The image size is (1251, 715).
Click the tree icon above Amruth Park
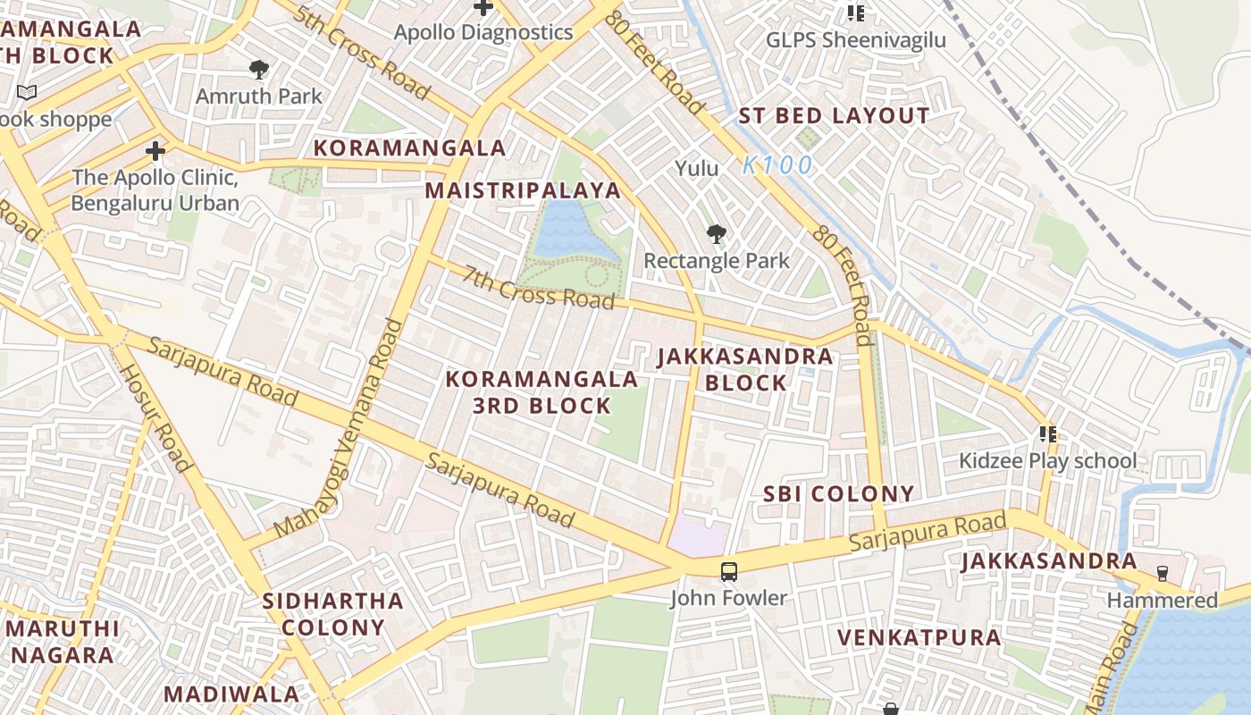click(259, 69)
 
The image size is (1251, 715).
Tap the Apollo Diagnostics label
click(483, 33)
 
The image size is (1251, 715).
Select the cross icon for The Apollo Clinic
click(155, 150)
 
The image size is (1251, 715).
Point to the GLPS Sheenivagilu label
click(855, 40)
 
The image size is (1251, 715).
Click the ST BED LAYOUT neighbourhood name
click(834, 116)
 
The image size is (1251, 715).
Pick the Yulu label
click(696, 168)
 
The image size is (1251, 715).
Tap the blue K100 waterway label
click(777, 165)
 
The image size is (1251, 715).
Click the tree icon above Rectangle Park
click(716, 235)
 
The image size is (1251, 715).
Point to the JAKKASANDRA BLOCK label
click(745, 369)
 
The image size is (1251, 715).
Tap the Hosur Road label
click(155, 417)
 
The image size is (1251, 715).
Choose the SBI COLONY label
click(838, 494)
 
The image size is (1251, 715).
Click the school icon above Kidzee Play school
click(1047, 434)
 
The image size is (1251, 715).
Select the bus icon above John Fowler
click(729, 571)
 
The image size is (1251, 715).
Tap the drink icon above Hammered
click(1162, 573)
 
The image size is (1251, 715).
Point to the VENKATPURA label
click(919, 638)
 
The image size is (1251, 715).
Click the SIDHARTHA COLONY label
click(332, 614)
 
